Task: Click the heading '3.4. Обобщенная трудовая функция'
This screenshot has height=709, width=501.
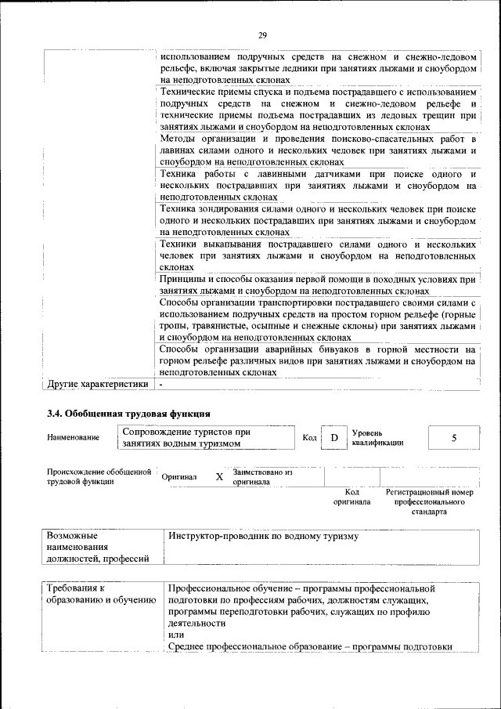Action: coord(129,413)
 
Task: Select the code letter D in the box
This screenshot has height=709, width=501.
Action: coord(333,437)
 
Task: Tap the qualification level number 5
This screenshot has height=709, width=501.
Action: coord(453,437)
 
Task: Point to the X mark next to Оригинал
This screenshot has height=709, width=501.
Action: coord(219,476)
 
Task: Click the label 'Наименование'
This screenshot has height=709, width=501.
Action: coord(73,437)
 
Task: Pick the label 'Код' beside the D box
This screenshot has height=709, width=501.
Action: coord(309,437)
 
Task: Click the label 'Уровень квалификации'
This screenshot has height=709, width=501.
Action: coord(377,437)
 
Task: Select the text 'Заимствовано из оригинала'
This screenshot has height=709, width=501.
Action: coord(262,477)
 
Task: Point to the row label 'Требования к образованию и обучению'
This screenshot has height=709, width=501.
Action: coord(100,593)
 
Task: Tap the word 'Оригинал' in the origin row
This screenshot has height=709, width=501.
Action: coord(179,476)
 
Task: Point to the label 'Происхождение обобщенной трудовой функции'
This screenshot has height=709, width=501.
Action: coord(99,476)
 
